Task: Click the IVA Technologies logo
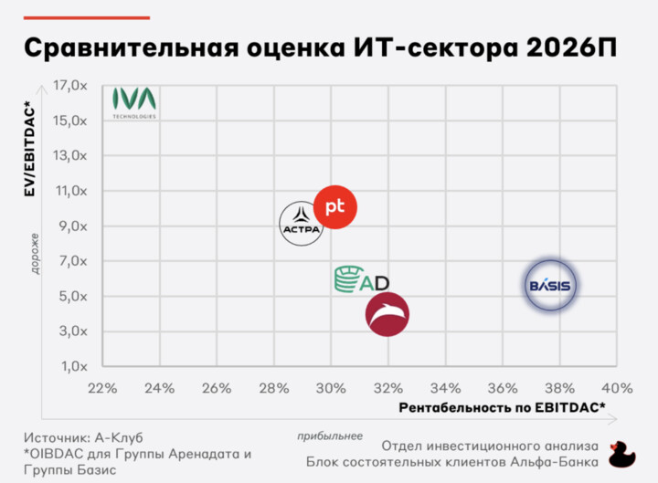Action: pos(134,102)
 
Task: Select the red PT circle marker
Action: pos(334,207)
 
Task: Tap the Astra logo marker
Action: pos(302,222)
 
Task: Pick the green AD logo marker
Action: pos(362,280)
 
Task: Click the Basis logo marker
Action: pos(550,286)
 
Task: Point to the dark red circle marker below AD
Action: pos(387,315)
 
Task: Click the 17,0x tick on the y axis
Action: pos(70,86)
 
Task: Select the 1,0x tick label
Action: pos(73,367)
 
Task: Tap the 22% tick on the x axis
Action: pos(102,387)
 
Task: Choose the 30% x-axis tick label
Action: pos(331,387)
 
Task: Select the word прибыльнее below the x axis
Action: pos(330,435)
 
